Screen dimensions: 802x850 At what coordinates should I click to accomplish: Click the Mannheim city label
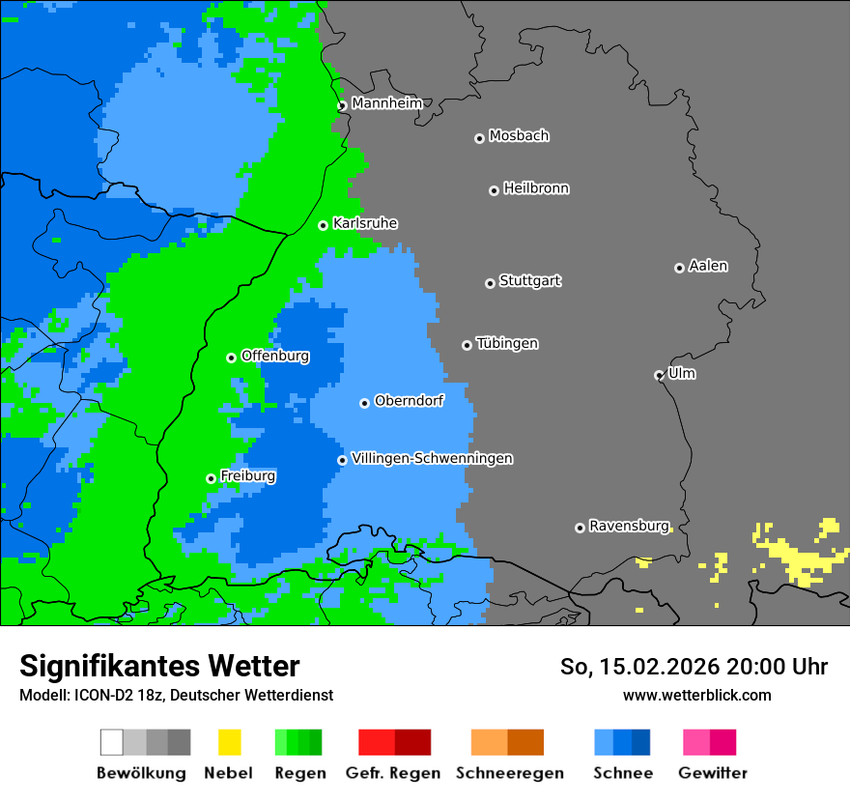(386, 103)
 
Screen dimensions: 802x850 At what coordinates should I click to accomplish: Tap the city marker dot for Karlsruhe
(324, 225)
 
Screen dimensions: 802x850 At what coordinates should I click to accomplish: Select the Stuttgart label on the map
(529, 281)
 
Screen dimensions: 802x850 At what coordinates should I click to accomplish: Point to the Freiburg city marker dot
(211, 478)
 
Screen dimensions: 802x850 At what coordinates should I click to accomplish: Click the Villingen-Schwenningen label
(432, 458)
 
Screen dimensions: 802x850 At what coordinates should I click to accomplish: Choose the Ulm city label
(681, 373)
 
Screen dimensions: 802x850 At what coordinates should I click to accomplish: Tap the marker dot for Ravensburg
(580, 528)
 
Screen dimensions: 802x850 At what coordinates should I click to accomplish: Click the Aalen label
(708, 266)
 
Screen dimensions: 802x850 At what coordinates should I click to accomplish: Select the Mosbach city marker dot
(479, 138)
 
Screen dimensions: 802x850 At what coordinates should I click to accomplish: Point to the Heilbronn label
(536, 188)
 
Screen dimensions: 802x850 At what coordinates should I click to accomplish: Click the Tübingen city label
(507, 344)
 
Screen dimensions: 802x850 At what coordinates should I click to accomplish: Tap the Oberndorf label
(409, 400)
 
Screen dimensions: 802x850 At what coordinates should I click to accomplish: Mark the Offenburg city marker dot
(231, 358)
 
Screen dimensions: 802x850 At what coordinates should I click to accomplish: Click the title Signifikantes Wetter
(159, 666)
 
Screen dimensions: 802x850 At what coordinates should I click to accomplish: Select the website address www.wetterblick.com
(696, 695)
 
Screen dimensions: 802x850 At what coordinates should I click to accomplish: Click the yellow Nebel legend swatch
(229, 742)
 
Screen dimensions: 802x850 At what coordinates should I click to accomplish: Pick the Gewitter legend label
(712, 773)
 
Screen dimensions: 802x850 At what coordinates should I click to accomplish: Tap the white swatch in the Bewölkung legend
(112, 742)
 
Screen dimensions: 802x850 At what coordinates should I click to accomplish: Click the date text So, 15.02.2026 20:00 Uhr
(694, 667)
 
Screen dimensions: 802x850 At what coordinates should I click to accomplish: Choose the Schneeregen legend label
(509, 773)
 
